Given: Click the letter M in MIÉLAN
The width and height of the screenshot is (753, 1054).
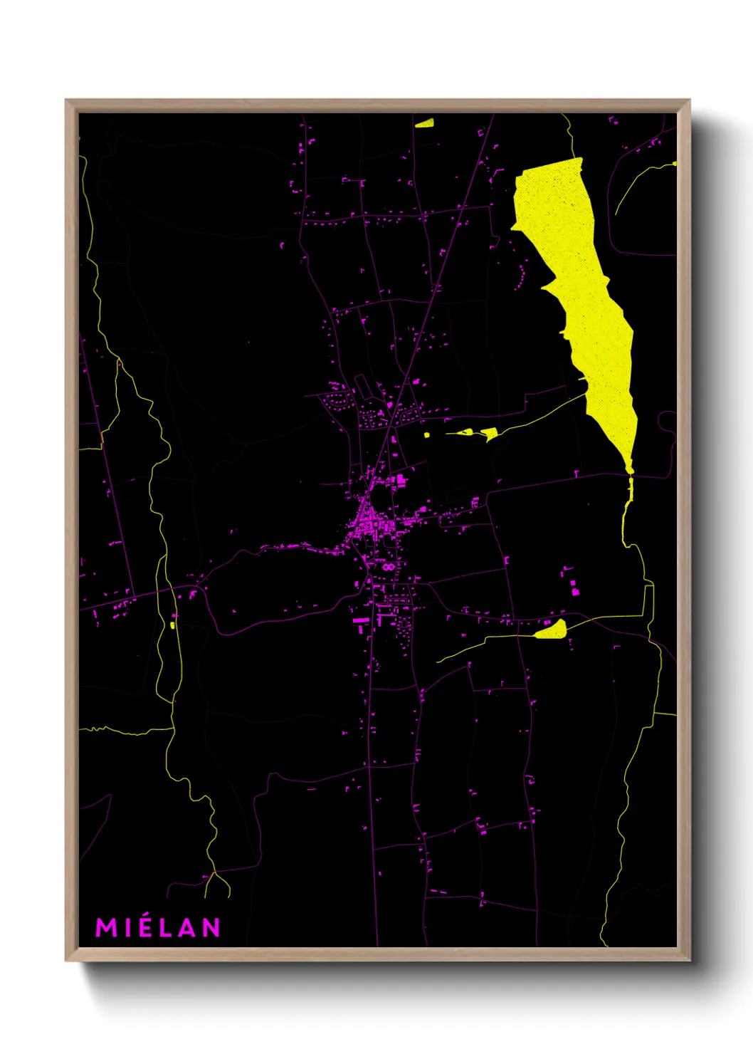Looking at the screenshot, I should pos(105,927).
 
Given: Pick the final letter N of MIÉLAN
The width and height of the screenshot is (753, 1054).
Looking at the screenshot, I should pos(211,927).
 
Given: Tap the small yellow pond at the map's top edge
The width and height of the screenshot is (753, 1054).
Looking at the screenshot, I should pos(425,123).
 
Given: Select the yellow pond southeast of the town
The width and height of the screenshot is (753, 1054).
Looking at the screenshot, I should pos(552,630).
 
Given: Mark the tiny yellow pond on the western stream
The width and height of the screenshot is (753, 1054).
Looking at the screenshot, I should pos(172,625).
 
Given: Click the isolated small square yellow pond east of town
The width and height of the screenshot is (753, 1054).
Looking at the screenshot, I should pos(427,434).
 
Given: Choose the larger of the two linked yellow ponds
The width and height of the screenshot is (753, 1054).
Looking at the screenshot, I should pos(490,433).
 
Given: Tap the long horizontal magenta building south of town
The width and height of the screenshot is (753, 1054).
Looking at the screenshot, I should pos(362,620).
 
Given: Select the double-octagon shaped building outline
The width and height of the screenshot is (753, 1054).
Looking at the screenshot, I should pos(388,567).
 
